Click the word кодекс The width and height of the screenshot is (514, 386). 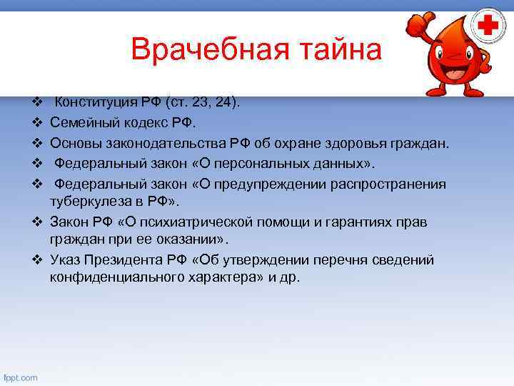pos(136,123)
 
